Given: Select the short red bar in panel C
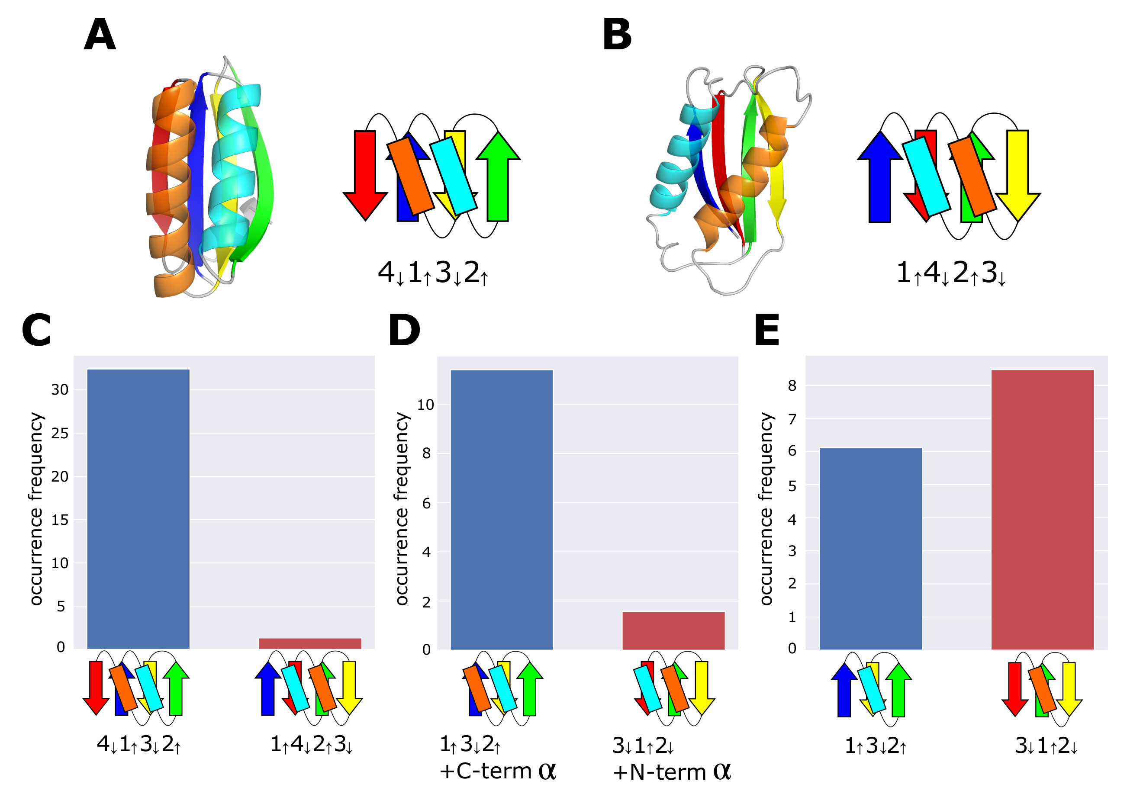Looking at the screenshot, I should (310, 643).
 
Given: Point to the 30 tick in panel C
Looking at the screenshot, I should (59, 390).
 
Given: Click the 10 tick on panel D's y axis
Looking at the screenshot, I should (425, 405).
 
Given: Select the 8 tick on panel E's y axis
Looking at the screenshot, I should (792, 386).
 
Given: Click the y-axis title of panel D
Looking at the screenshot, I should (402, 508).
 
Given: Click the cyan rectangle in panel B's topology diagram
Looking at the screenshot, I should (926, 177).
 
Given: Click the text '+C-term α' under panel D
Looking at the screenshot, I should (497, 771).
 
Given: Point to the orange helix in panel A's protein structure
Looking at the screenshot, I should (169, 196).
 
